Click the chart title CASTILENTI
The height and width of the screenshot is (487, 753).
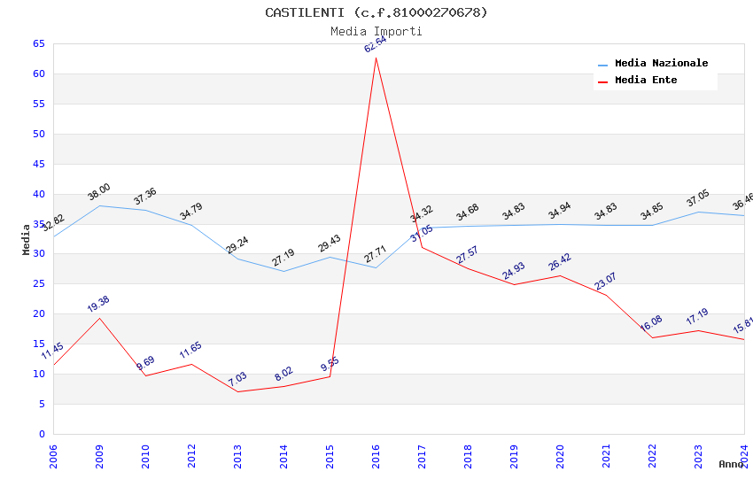pos(376,12)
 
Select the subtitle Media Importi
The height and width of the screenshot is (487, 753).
pos(376,31)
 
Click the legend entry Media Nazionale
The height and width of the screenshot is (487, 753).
pos(661,64)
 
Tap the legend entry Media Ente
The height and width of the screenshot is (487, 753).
pos(645,81)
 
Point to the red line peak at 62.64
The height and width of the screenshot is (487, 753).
pos(376,58)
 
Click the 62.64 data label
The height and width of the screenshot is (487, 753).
pos(376,43)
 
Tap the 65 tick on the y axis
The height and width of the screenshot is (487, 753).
pos(38,43)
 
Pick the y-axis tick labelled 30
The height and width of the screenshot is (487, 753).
pos(38,254)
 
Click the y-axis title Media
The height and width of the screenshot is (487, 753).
pos(27,239)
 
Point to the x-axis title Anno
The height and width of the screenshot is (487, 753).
pos(731,464)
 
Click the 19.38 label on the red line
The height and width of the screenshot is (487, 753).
pos(99,304)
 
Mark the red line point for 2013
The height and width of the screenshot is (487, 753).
pos(237,391)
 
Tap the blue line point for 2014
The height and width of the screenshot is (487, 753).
pos(283,271)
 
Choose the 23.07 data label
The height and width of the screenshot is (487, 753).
pos(606,282)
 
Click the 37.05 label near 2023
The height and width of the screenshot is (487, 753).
pos(698,198)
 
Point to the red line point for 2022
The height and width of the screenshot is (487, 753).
pos(652,337)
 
